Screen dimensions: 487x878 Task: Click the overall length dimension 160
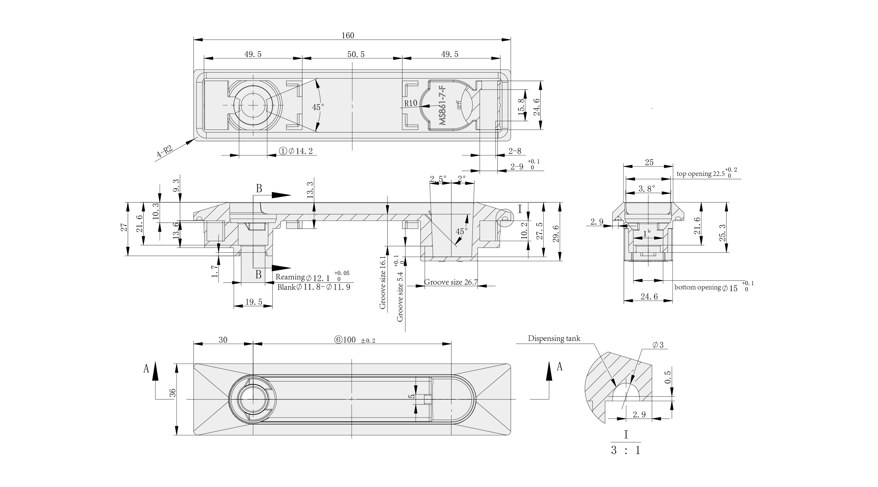[348, 36]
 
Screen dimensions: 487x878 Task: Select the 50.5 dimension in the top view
[356, 54]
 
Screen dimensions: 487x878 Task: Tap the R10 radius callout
[411, 103]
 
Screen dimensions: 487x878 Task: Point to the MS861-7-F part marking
[442, 106]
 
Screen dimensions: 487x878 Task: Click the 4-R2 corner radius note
[165, 151]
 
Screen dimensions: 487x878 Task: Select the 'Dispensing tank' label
[554, 338]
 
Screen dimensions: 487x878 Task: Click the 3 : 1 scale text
[625, 450]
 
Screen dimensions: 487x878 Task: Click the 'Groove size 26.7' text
[451, 282]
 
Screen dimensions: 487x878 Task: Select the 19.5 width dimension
[254, 302]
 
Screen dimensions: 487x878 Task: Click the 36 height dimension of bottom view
[173, 393]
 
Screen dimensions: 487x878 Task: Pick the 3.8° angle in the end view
[646, 189]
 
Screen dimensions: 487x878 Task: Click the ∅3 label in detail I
[658, 345]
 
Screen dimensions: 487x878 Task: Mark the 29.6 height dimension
[556, 234]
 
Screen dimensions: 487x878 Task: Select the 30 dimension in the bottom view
[223, 340]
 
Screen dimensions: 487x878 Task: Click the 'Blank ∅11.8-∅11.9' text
[314, 287]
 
